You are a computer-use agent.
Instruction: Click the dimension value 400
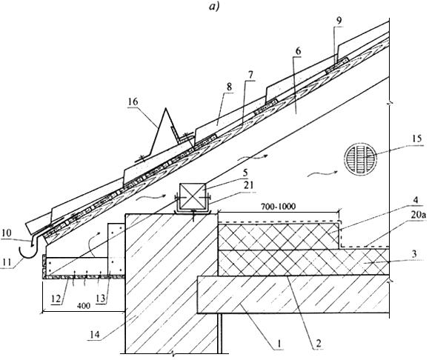pyautogui.click(x=84, y=306)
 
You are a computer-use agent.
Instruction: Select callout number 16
pyautogui.click(x=133, y=102)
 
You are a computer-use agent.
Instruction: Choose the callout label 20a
pyautogui.click(x=419, y=216)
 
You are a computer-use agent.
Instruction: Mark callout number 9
pyautogui.click(x=339, y=21)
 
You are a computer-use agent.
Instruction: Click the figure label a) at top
pyautogui.click(x=214, y=7)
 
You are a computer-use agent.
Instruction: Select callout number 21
pyautogui.click(x=248, y=185)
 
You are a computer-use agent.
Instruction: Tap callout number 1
pyautogui.click(x=279, y=344)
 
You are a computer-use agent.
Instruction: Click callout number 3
pyautogui.click(x=414, y=254)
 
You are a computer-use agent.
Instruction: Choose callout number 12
pyautogui.click(x=56, y=299)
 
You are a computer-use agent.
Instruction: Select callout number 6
pyautogui.click(x=298, y=50)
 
